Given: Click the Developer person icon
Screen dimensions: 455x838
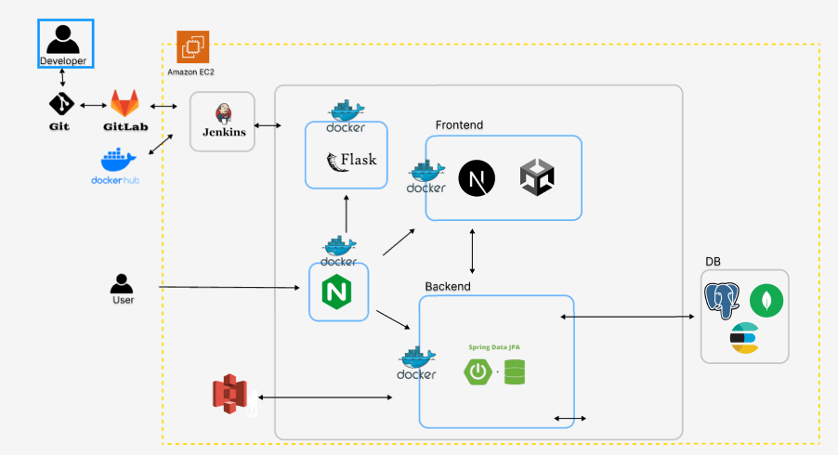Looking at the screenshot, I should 63,40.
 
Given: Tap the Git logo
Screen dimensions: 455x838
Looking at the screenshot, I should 60,103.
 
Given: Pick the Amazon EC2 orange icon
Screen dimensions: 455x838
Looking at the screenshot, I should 193,47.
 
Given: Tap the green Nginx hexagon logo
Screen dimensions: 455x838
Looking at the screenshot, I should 338,292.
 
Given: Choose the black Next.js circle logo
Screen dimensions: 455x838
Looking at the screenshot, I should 477,177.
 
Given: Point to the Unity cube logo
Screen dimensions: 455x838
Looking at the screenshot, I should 537,177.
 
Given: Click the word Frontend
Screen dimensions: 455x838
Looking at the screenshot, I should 459,125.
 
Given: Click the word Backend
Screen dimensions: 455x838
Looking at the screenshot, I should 448,286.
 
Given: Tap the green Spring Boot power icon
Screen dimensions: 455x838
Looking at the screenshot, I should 478,372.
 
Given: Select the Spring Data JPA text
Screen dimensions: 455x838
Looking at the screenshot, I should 492,347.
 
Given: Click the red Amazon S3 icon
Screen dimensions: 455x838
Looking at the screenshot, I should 228,396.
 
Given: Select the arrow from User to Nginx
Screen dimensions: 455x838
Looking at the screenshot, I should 232,288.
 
